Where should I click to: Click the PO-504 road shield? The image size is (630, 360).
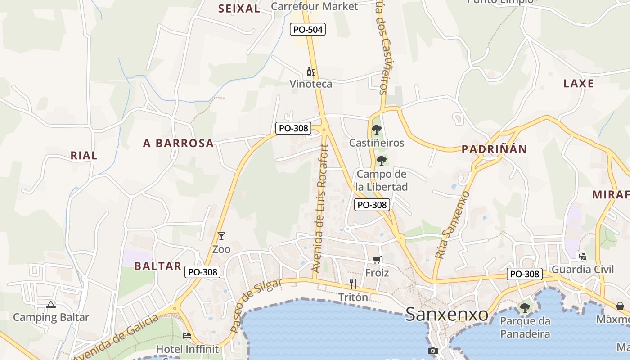point(308,30)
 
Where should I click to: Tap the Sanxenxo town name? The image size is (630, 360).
point(446,314)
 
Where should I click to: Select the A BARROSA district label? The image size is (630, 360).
point(178,143)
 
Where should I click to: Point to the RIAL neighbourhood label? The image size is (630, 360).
point(84,156)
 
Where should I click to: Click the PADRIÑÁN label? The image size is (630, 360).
point(494,149)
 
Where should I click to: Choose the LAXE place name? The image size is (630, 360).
point(578,84)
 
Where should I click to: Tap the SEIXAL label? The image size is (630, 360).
point(239,9)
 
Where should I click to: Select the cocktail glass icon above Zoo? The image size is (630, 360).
point(221,236)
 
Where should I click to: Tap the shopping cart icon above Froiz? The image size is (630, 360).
point(377,260)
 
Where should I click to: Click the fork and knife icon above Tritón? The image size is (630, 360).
point(353,283)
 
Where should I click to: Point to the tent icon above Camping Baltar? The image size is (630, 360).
point(51,304)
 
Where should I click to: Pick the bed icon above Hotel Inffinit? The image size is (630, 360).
point(187,336)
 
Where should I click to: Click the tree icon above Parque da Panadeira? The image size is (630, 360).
point(525,308)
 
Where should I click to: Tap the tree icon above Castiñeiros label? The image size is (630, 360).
point(377,130)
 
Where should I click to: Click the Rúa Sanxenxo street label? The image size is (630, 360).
point(452,225)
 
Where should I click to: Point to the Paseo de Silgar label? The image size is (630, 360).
point(256,306)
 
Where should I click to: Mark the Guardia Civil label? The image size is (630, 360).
point(582,269)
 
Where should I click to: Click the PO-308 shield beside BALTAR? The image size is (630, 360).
point(202,272)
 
